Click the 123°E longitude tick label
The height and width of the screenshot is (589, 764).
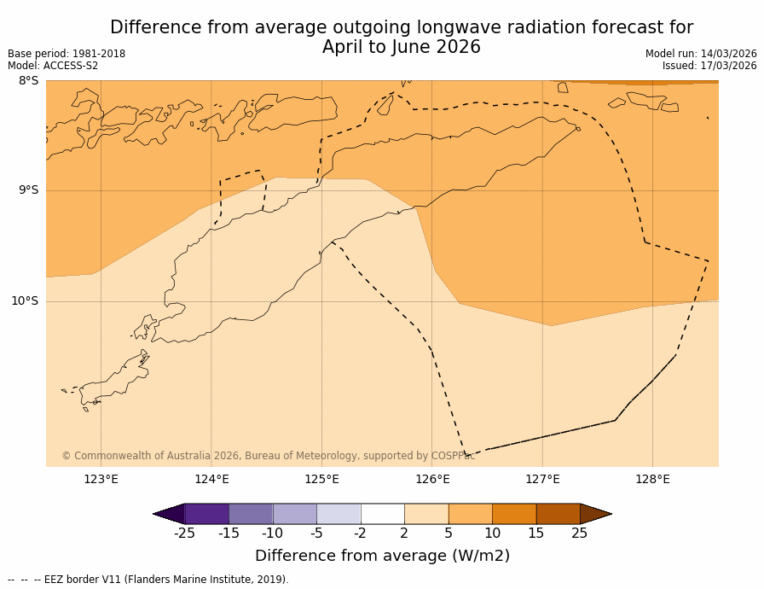tap(101, 480)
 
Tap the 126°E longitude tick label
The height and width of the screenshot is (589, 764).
tap(432, 480)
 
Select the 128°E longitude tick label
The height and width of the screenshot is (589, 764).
tap(652, 480)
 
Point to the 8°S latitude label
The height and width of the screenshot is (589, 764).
tap(28, 81)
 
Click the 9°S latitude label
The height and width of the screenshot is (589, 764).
tap(28, 190)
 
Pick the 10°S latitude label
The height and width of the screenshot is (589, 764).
tap(25, 301)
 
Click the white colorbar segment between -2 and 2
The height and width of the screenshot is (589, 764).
tap(382, 514)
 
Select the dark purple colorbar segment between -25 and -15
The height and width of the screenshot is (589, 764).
tap(206, 514)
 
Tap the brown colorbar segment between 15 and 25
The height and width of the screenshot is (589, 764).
tap(558, 514)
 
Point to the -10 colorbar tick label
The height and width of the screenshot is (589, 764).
tap(272, 534)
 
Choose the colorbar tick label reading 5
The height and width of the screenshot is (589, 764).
tap(449, 534)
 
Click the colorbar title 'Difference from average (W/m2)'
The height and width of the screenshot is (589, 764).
tap(382, 557)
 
